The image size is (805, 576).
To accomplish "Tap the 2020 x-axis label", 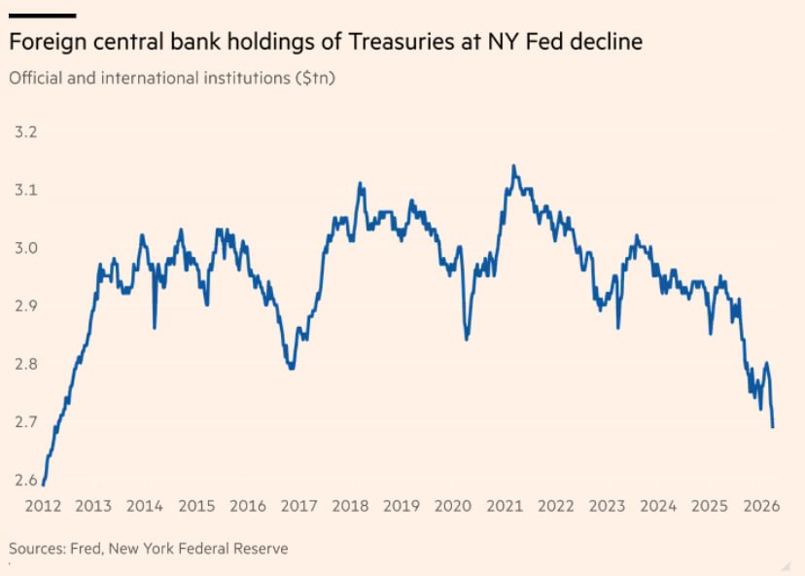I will click(x=452, y=506).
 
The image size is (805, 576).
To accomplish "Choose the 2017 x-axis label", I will click(x=298, y=506).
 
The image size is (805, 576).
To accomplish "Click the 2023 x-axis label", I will click(x=607, y=506).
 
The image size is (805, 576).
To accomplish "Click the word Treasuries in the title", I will click(x=383, y=43).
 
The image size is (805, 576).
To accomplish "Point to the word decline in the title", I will click(x=608, y=43).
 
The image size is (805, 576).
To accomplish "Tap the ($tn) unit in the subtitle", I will click(x=316, y=78).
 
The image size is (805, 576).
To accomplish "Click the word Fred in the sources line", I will click(x=88, y=549).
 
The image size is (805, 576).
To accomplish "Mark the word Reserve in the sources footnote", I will click(x=261, y=549).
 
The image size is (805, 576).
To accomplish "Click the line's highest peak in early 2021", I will click(x=512, y=166).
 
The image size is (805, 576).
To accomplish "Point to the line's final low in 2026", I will click(x=773, y=426).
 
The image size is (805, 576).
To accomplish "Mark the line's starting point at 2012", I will click(x=44, y=484).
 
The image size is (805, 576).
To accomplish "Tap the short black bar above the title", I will click(x=42, y=16).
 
